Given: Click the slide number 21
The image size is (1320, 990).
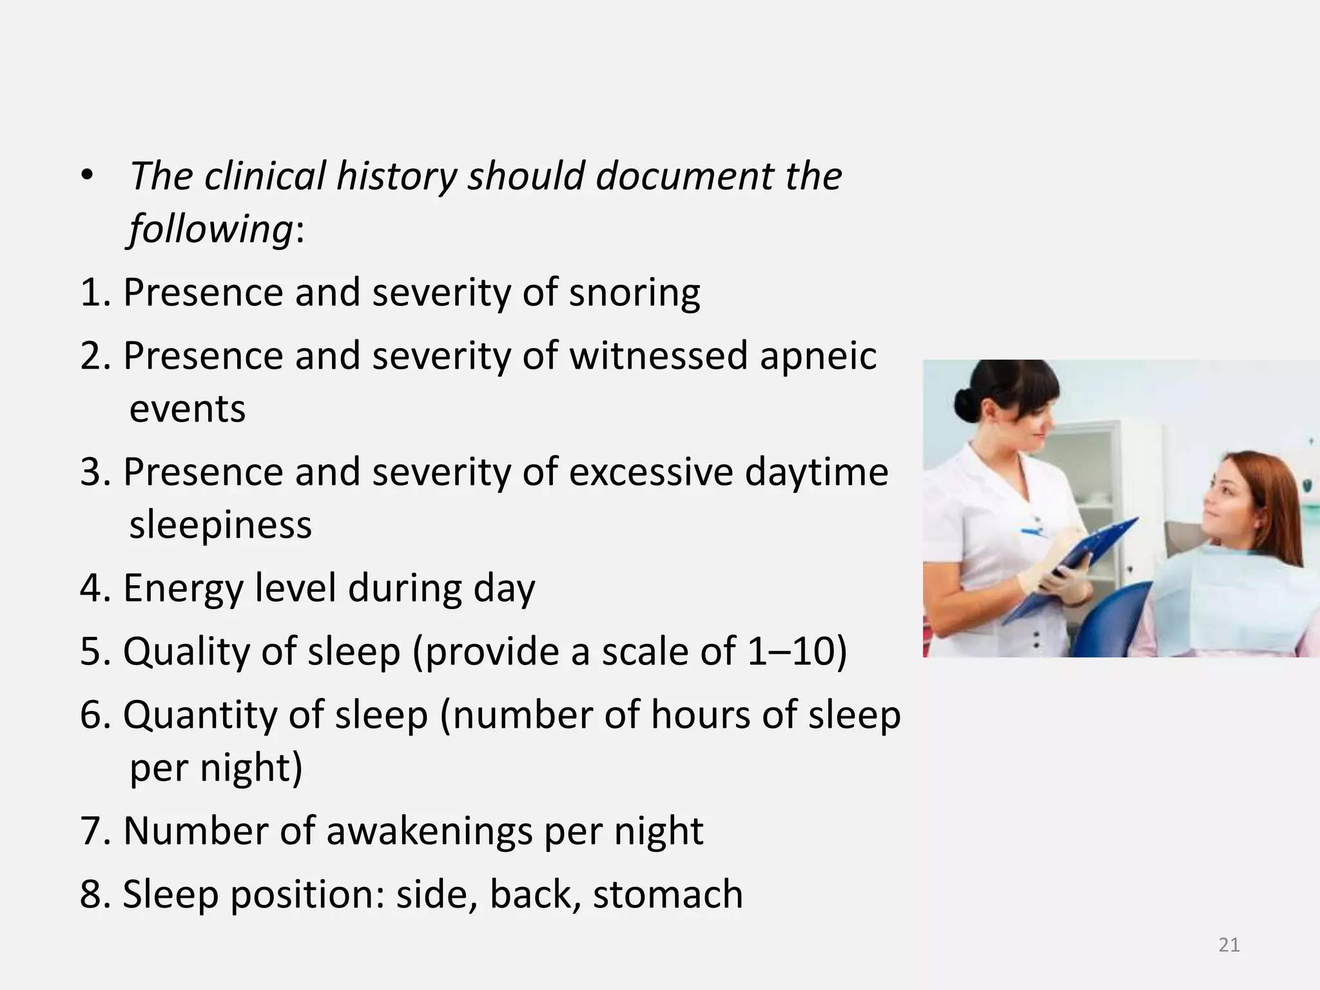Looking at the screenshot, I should click(1229, 945).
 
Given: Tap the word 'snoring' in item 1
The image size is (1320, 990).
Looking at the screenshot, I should click(634, 293).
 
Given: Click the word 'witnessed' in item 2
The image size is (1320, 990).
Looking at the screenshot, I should click(658, 356).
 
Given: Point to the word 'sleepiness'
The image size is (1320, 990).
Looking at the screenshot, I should click(220, 525).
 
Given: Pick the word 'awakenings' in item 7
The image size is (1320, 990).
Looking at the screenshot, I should click(429, 831).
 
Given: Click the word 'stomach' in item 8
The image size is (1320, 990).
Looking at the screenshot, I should click(668, 895).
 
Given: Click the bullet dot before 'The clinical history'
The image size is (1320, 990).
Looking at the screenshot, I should click(88, 176).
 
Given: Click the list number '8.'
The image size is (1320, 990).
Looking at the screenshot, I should click(95, 895).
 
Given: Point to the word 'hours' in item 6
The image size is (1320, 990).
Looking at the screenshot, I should click(701, 715).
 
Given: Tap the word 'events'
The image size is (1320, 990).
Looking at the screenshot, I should click(188, 409).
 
